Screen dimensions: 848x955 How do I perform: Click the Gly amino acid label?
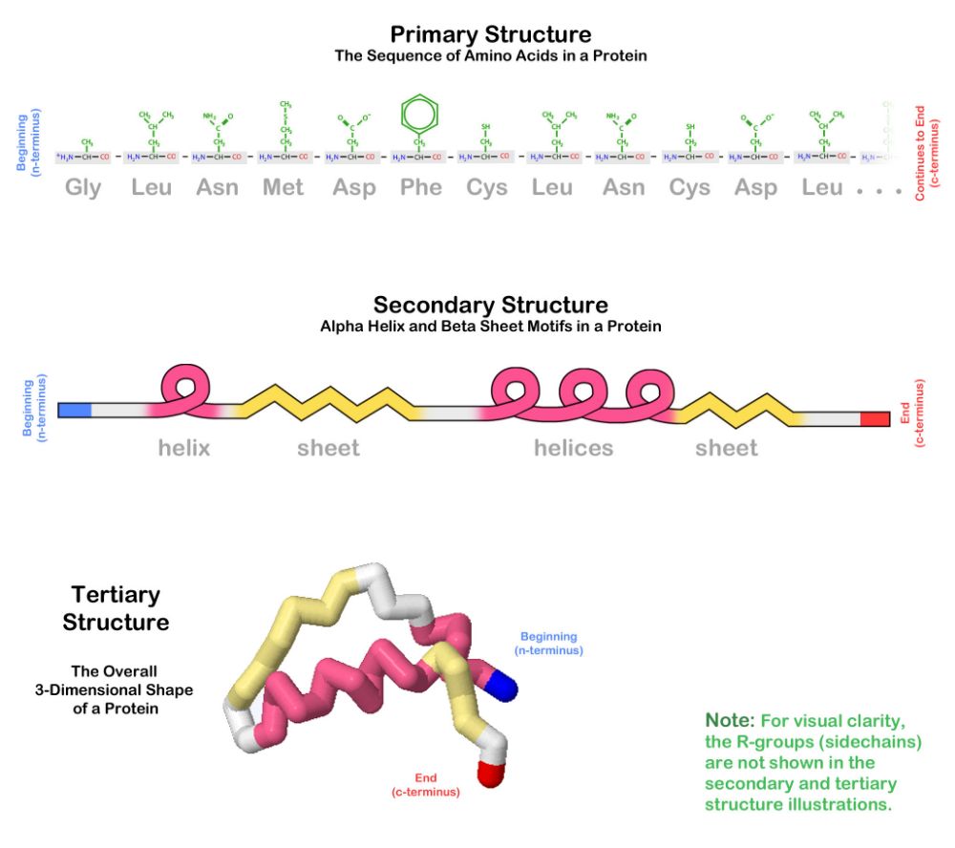(x=83, y=187)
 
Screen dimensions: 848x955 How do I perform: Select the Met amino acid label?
(x=283, y=187)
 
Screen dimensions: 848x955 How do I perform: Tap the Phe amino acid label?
(x=421, y=187)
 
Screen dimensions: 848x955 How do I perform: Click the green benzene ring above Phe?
(x=418, y=115)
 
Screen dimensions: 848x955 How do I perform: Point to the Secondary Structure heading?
(x=490, y=306)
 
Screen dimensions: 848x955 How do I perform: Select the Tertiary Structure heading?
(x=116, y=608)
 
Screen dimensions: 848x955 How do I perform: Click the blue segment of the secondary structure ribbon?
(x=74, y=411)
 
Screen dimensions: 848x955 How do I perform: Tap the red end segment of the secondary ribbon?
(x=874, y=419)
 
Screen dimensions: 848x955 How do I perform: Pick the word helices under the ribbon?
(x=573, y=448)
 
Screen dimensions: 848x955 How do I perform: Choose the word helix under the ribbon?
(x=184, y=448)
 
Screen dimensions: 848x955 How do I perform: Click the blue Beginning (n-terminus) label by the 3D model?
(x=548, y=643)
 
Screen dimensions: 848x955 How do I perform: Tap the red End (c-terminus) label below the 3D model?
(x=425, y=785)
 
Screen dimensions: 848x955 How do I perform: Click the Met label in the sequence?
(x=283, y=187)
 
